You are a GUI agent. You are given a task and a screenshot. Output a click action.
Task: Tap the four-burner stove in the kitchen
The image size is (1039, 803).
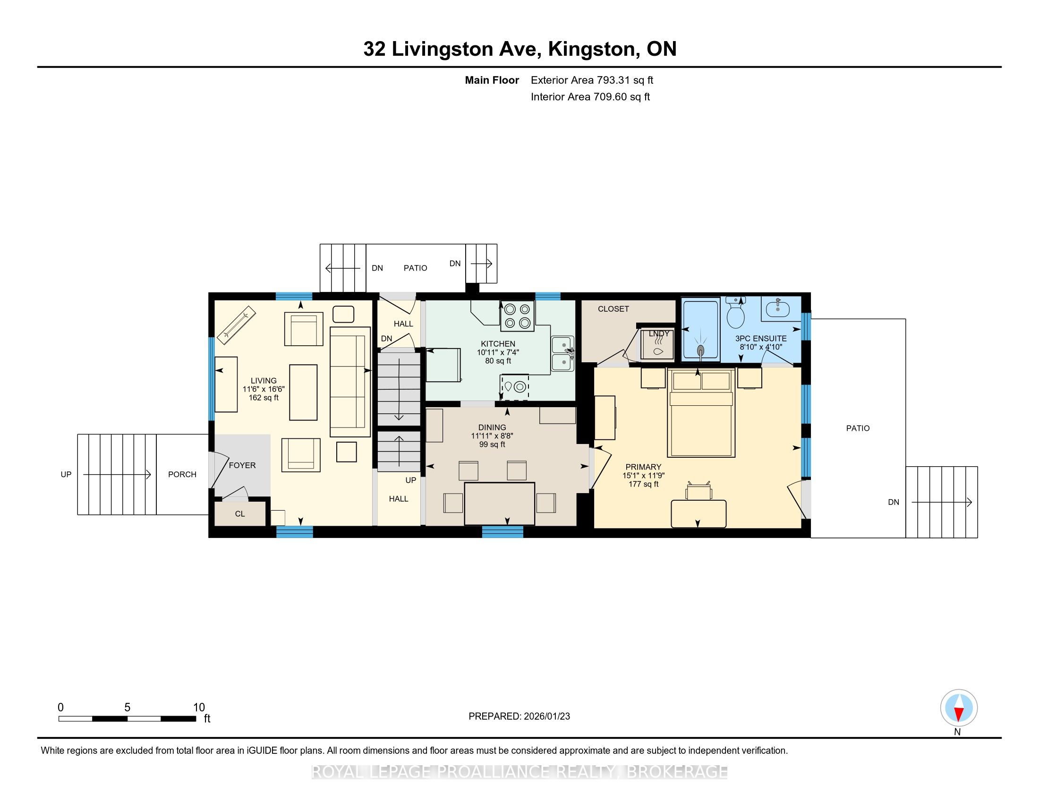coord(517,316)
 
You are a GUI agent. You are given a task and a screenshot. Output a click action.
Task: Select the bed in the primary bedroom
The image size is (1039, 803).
coord(701,413)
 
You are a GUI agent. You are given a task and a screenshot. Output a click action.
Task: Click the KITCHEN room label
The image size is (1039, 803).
coord(498,343)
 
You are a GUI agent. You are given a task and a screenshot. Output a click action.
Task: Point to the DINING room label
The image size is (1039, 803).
coord(493,427)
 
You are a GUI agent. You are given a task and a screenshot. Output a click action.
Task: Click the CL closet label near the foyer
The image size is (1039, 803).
coord(240,514)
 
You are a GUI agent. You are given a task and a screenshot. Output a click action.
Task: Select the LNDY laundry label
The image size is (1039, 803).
coord(659,333)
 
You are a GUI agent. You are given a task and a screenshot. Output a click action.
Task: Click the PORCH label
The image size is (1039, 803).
coord(182,474)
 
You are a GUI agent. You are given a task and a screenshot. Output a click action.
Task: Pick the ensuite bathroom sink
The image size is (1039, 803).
coord(778,308)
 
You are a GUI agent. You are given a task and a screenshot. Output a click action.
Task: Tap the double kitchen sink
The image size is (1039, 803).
coord(563,353)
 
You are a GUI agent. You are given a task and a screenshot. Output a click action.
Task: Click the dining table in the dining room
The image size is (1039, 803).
coord(500,504)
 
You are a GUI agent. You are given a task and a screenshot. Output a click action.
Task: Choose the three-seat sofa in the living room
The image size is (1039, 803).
coord(350,382)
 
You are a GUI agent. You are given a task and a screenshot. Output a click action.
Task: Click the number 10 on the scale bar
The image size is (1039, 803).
coord(199,708)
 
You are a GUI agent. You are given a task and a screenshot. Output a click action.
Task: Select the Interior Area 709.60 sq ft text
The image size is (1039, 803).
coord(590,97)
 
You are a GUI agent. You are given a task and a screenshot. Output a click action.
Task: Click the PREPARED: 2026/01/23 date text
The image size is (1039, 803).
coord(519,716)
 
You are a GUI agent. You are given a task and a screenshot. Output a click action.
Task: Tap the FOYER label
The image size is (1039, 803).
coord(242,465)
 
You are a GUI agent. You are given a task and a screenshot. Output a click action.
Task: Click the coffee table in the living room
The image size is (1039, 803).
coord(304,393)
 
